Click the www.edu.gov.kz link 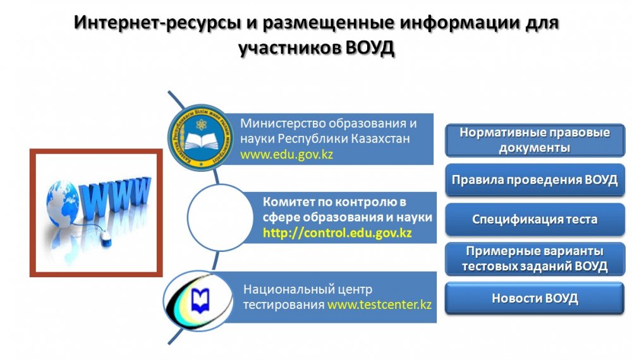[x=286, y=154]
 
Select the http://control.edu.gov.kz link [x=337, y=233]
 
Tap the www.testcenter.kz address [x=379, y=304]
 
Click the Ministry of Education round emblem [x=200, y=137]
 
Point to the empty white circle [x=220, y=217]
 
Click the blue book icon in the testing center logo [x=200, y=301]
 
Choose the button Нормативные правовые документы [x=535, y=140]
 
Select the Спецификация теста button [x=535, y=219]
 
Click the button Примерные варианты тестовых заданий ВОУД [x=535, y=258]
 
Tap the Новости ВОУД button [x=535, y=298]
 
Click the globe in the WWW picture [x=63, y=204]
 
